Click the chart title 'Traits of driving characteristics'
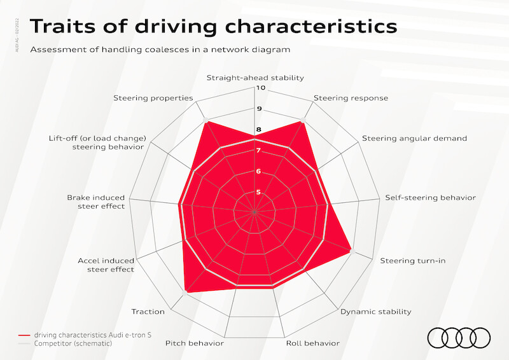[x=214, y=26]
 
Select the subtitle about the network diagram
[x=160, y=50]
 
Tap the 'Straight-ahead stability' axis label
[x=255, y=78]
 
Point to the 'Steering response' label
[x=351, y=99]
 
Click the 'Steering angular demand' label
[x=415, y=139]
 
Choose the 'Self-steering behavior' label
[x=431, y=198]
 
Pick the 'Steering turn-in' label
[x=412, y=261]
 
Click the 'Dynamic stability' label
[x=375, y=312]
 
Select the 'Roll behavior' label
[x=312, y=343]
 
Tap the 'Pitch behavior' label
[x=195, y=343]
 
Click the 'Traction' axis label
[x=148, y=312]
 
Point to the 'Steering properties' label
[x=153, y=99]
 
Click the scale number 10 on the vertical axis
[x=261, y=88]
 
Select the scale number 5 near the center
[x=258, y=192]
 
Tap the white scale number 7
[x=258, y=151]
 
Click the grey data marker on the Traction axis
[x=185, y=293]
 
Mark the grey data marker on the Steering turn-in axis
[x=352, y=251]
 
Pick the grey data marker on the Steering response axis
[x=303, y=120]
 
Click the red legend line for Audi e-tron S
[x=24, y=335]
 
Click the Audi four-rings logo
[x=459, y=338]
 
